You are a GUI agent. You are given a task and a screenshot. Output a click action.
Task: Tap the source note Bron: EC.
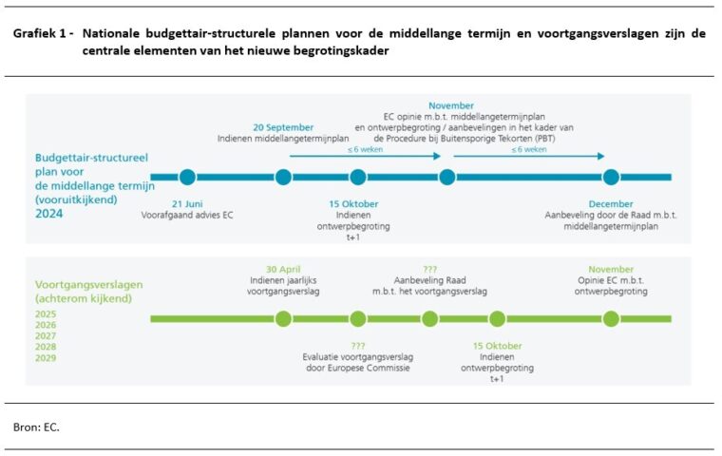click(36, 427)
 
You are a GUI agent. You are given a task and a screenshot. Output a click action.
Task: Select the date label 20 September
click(283, 127)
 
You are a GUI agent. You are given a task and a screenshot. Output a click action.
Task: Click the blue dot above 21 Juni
click(187, 177)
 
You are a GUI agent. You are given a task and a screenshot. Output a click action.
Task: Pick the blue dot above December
click(611, 177)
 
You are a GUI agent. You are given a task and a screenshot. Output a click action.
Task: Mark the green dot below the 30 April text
click(283, 318)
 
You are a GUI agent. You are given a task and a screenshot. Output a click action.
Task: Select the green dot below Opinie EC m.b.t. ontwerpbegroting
click(611, 318)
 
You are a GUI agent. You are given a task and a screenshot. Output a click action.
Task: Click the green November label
click(611, 269)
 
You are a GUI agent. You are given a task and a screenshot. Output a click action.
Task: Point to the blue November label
click(451, 105)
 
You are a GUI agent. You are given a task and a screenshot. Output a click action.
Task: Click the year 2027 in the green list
click(46, 335)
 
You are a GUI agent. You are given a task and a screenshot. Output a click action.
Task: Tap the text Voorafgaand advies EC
click(189, 216)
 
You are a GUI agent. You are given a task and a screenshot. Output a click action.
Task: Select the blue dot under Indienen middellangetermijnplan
click(283, 177)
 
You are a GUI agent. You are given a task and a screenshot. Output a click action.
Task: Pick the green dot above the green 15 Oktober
click(497, 318)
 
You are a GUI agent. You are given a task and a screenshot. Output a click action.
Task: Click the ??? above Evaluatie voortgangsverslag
click(357, 345)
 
